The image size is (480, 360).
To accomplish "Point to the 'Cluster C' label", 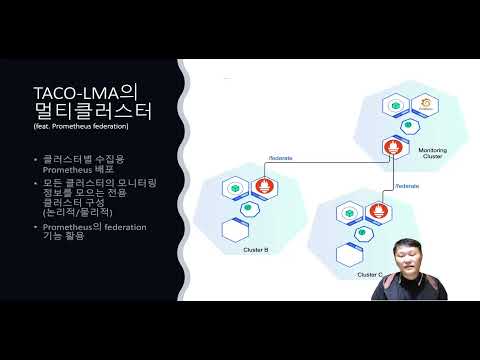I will pos(369,273).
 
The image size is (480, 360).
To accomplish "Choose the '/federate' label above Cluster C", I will pos(406,185).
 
